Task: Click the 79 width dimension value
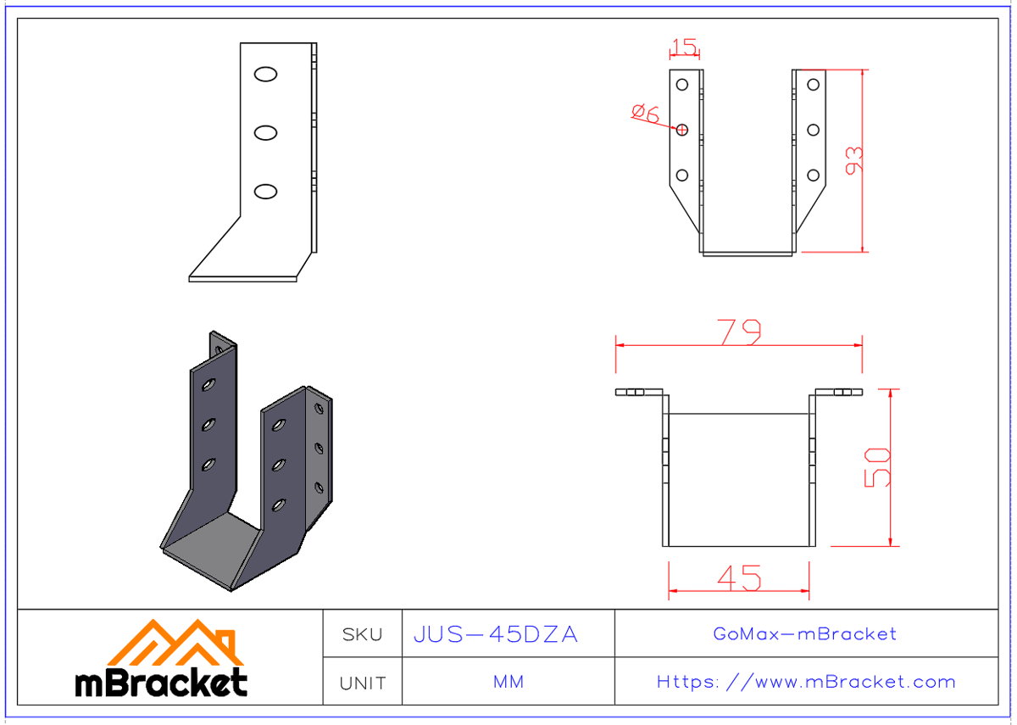(x=738, y=332)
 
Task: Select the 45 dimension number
(x=738, y=578)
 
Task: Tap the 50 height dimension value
(x=878, y=467)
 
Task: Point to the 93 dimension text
(x=856, y=160)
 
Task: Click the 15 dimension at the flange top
(x=684, y=47)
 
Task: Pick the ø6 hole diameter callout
(x=646, y=113)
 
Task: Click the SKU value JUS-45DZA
(x=496, y=634)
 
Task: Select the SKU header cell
(x=362, y=634)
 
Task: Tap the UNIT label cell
(x=362, y=683)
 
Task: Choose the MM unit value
(x=508, y=683)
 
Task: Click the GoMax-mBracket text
(x=805, y=633)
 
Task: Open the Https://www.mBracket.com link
(x=806, y=682)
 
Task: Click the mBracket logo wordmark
(x=161, y=683)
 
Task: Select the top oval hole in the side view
(x=265, y=75)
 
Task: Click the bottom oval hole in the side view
(x=265, y=192)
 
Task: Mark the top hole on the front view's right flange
(x=813, y=84)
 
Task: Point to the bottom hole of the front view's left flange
(x=681, y=176)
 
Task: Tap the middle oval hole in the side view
(x=265, y=132)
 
